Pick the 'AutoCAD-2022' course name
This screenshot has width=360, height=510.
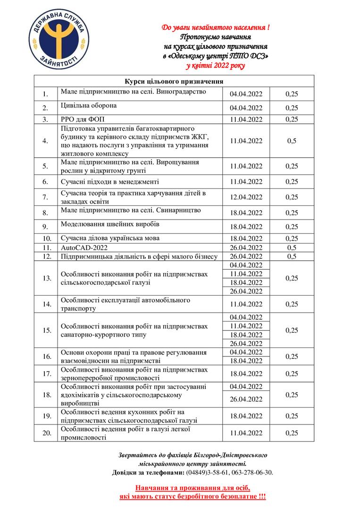coord(83,247)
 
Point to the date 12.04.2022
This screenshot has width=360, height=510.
coord(246,197)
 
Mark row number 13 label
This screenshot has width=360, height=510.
coord(46,278)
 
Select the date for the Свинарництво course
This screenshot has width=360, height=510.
coord(246,212)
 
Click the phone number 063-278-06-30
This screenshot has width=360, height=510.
coord(251,472)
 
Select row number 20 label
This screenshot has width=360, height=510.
coord(46,433)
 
